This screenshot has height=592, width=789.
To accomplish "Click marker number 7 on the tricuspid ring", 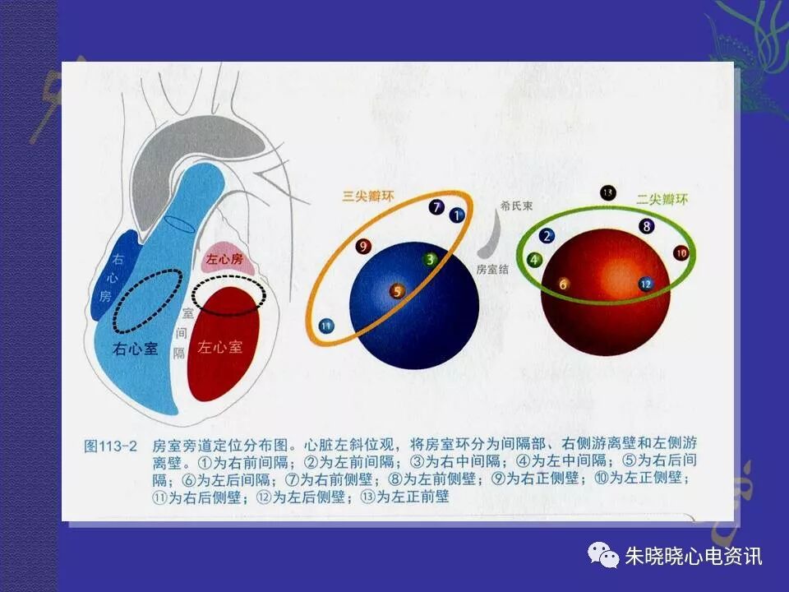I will pyautogui.click(x=436, y=207).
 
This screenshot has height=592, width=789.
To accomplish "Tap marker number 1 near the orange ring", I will pyautogui.click(x=458, y=215).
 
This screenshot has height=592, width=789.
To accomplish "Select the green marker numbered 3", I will pyautogui.click(x=431, y=260).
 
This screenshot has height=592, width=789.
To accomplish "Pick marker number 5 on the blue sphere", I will pyautogui.click(x=397, y=291).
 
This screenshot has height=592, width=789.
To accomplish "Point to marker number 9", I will pyautogui.click(x=363, y=245).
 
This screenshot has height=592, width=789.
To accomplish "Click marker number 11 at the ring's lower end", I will pyautogui.click(x=326, y=326).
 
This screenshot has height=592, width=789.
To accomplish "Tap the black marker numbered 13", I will pyautogui.click(x=608, y=193).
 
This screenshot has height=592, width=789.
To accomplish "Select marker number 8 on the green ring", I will pyautogui.click(x=647, y=225).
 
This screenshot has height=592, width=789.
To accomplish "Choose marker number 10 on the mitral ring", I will pyautogui.click(x=681, y=253).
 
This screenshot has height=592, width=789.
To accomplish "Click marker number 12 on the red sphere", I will pyautogui.click(x=645, y=284).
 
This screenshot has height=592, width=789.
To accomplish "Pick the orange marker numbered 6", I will pyautogui.click(x=564, y=284).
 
